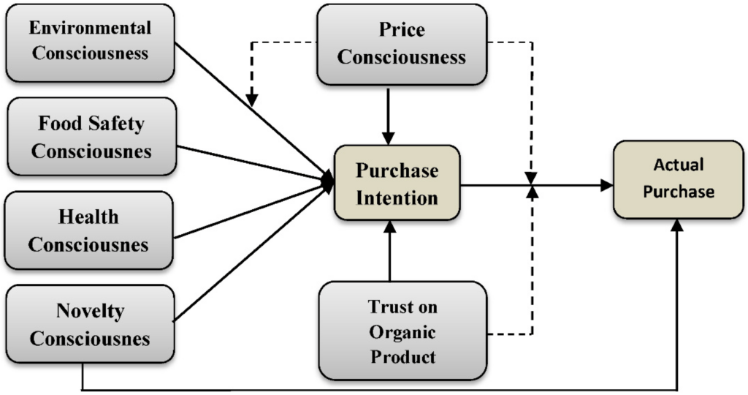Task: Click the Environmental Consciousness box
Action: pyautogui.click(x=90, y=41)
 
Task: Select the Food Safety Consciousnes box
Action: pyautogui.click(x=91, y=137)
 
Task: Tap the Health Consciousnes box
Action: pyautogui.click(x=89, y=230)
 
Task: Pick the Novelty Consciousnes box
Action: pyautogui.click(x=90, y=324)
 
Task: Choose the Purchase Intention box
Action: pyautogui.click(x=397, y=184)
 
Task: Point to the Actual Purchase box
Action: pyautogui.click(x=678, y=179)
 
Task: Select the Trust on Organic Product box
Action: pyautogui.click(x=402, y=332)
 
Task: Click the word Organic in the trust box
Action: pyautogui.click(x=402, y=332)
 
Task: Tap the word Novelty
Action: pyautogui.click(x=90, y=311)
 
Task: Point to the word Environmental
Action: pyautogui.click(x=90, y=28)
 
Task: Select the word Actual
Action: pyautogui.click(x=678, y=165)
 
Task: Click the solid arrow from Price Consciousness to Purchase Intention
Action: pyautogui.click(x=389, y=113)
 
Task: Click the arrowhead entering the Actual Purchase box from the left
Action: pyautogui.click(x=607, y=186)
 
